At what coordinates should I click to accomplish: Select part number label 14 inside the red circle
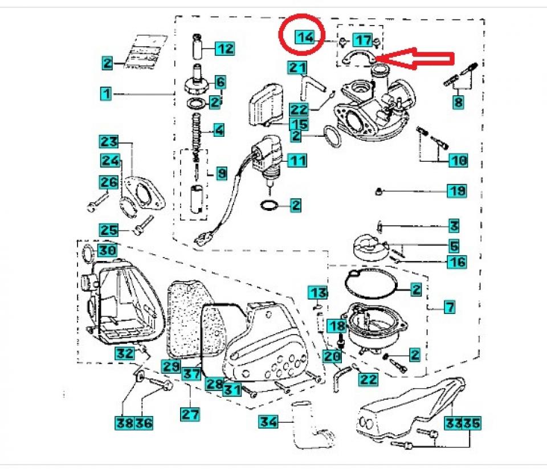coord(305,38)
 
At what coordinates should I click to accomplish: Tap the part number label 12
coord(224,48)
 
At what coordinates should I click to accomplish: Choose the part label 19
coord(456,191)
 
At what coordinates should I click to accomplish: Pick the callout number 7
coord(450,308)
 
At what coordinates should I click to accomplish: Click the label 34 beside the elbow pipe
coord(268,422)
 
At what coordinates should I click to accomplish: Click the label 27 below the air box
coord(189,414)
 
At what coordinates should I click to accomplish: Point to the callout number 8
coord(458,103)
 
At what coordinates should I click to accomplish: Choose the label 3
coord(454,226)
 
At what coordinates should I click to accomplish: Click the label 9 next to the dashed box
coord(221,172)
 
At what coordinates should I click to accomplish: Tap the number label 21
coord(297,68)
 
